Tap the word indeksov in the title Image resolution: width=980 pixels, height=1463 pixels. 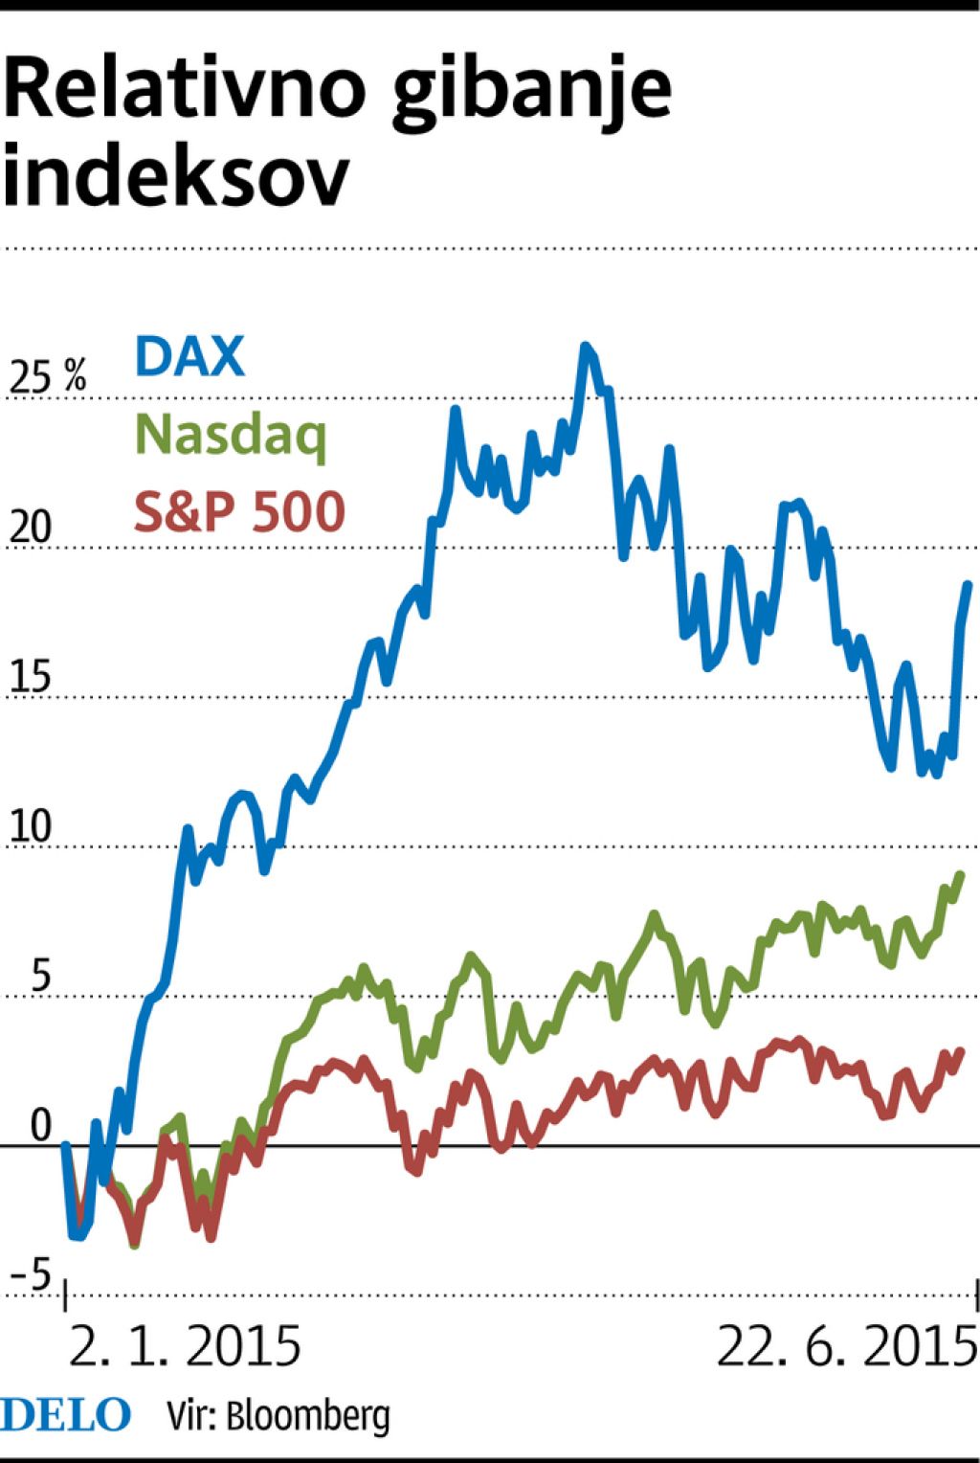click(x=176, y=176)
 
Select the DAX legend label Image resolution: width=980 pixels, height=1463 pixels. click(x=190, y=356)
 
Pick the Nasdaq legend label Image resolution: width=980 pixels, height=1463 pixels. click(x=232, y=436)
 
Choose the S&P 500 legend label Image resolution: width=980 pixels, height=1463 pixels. click(x=239, y=511)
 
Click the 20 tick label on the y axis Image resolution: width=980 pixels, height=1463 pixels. click(x=30, y=529)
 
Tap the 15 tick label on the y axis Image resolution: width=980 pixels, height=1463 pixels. click(x=30, y=678)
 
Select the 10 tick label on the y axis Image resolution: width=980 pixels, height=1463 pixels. click(x=30, y=827)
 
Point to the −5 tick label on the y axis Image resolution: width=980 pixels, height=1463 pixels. click(x=32, y=1276)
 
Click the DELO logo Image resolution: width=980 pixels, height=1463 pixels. click(x=65, y=1415)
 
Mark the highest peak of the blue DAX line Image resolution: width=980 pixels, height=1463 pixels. click(x=586, y=347)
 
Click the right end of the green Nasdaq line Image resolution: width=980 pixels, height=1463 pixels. click(x=960, y=874)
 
